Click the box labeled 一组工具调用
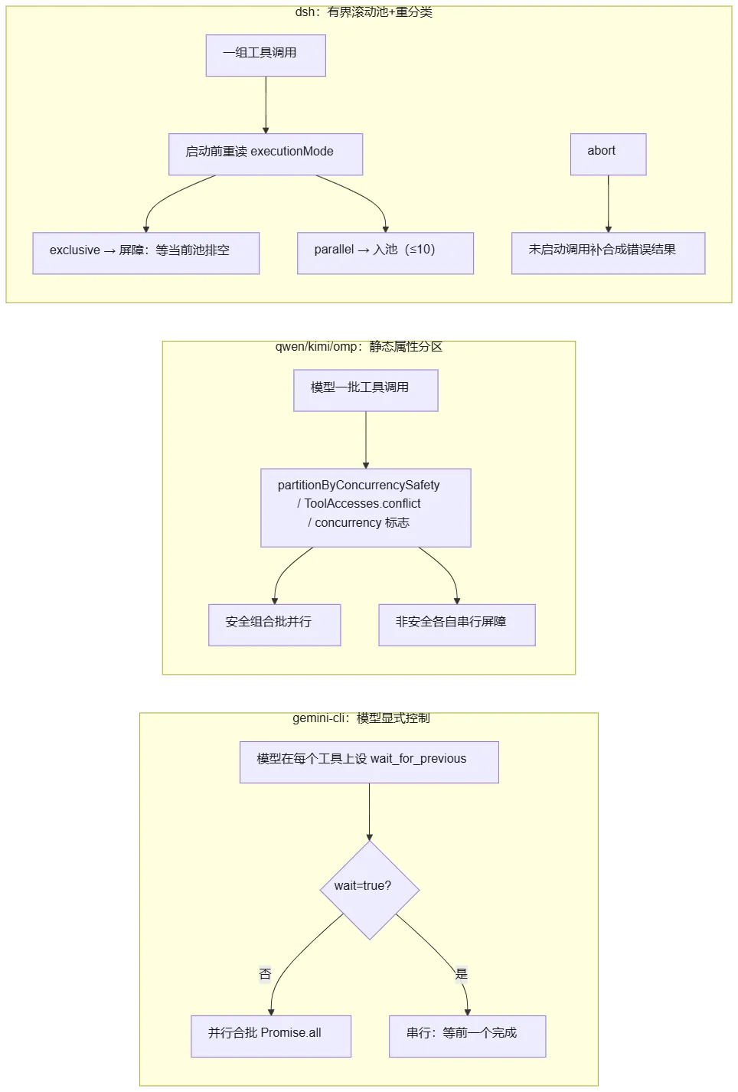pos(266,55)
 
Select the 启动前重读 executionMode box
pos(266,154)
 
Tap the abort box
pos(609,154)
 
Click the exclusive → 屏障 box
pos(145,253)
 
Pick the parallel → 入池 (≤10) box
pos(385,253)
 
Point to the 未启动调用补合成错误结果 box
pos(609,253)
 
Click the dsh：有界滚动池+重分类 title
pos(364,12)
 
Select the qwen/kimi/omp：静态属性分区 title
pos(359,347)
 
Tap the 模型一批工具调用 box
pos(366,391)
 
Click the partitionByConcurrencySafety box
pos(366,508)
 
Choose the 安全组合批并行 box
pos(274,625)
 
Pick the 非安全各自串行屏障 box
pos(457,625)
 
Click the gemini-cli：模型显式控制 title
pos(361,718)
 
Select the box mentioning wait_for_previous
pos(369,763)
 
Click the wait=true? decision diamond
pos(370,890)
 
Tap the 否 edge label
pos(265,973)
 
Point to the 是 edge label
pos(461,973)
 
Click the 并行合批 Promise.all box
pos(271,1036)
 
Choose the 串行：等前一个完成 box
pos(468,1036)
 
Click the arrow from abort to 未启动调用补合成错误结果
pos(609,204)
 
